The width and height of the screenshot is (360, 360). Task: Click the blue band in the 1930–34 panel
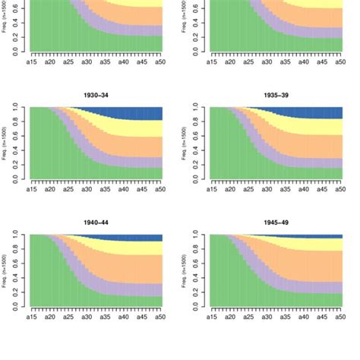pyautogui.click(x=144, y=114)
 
